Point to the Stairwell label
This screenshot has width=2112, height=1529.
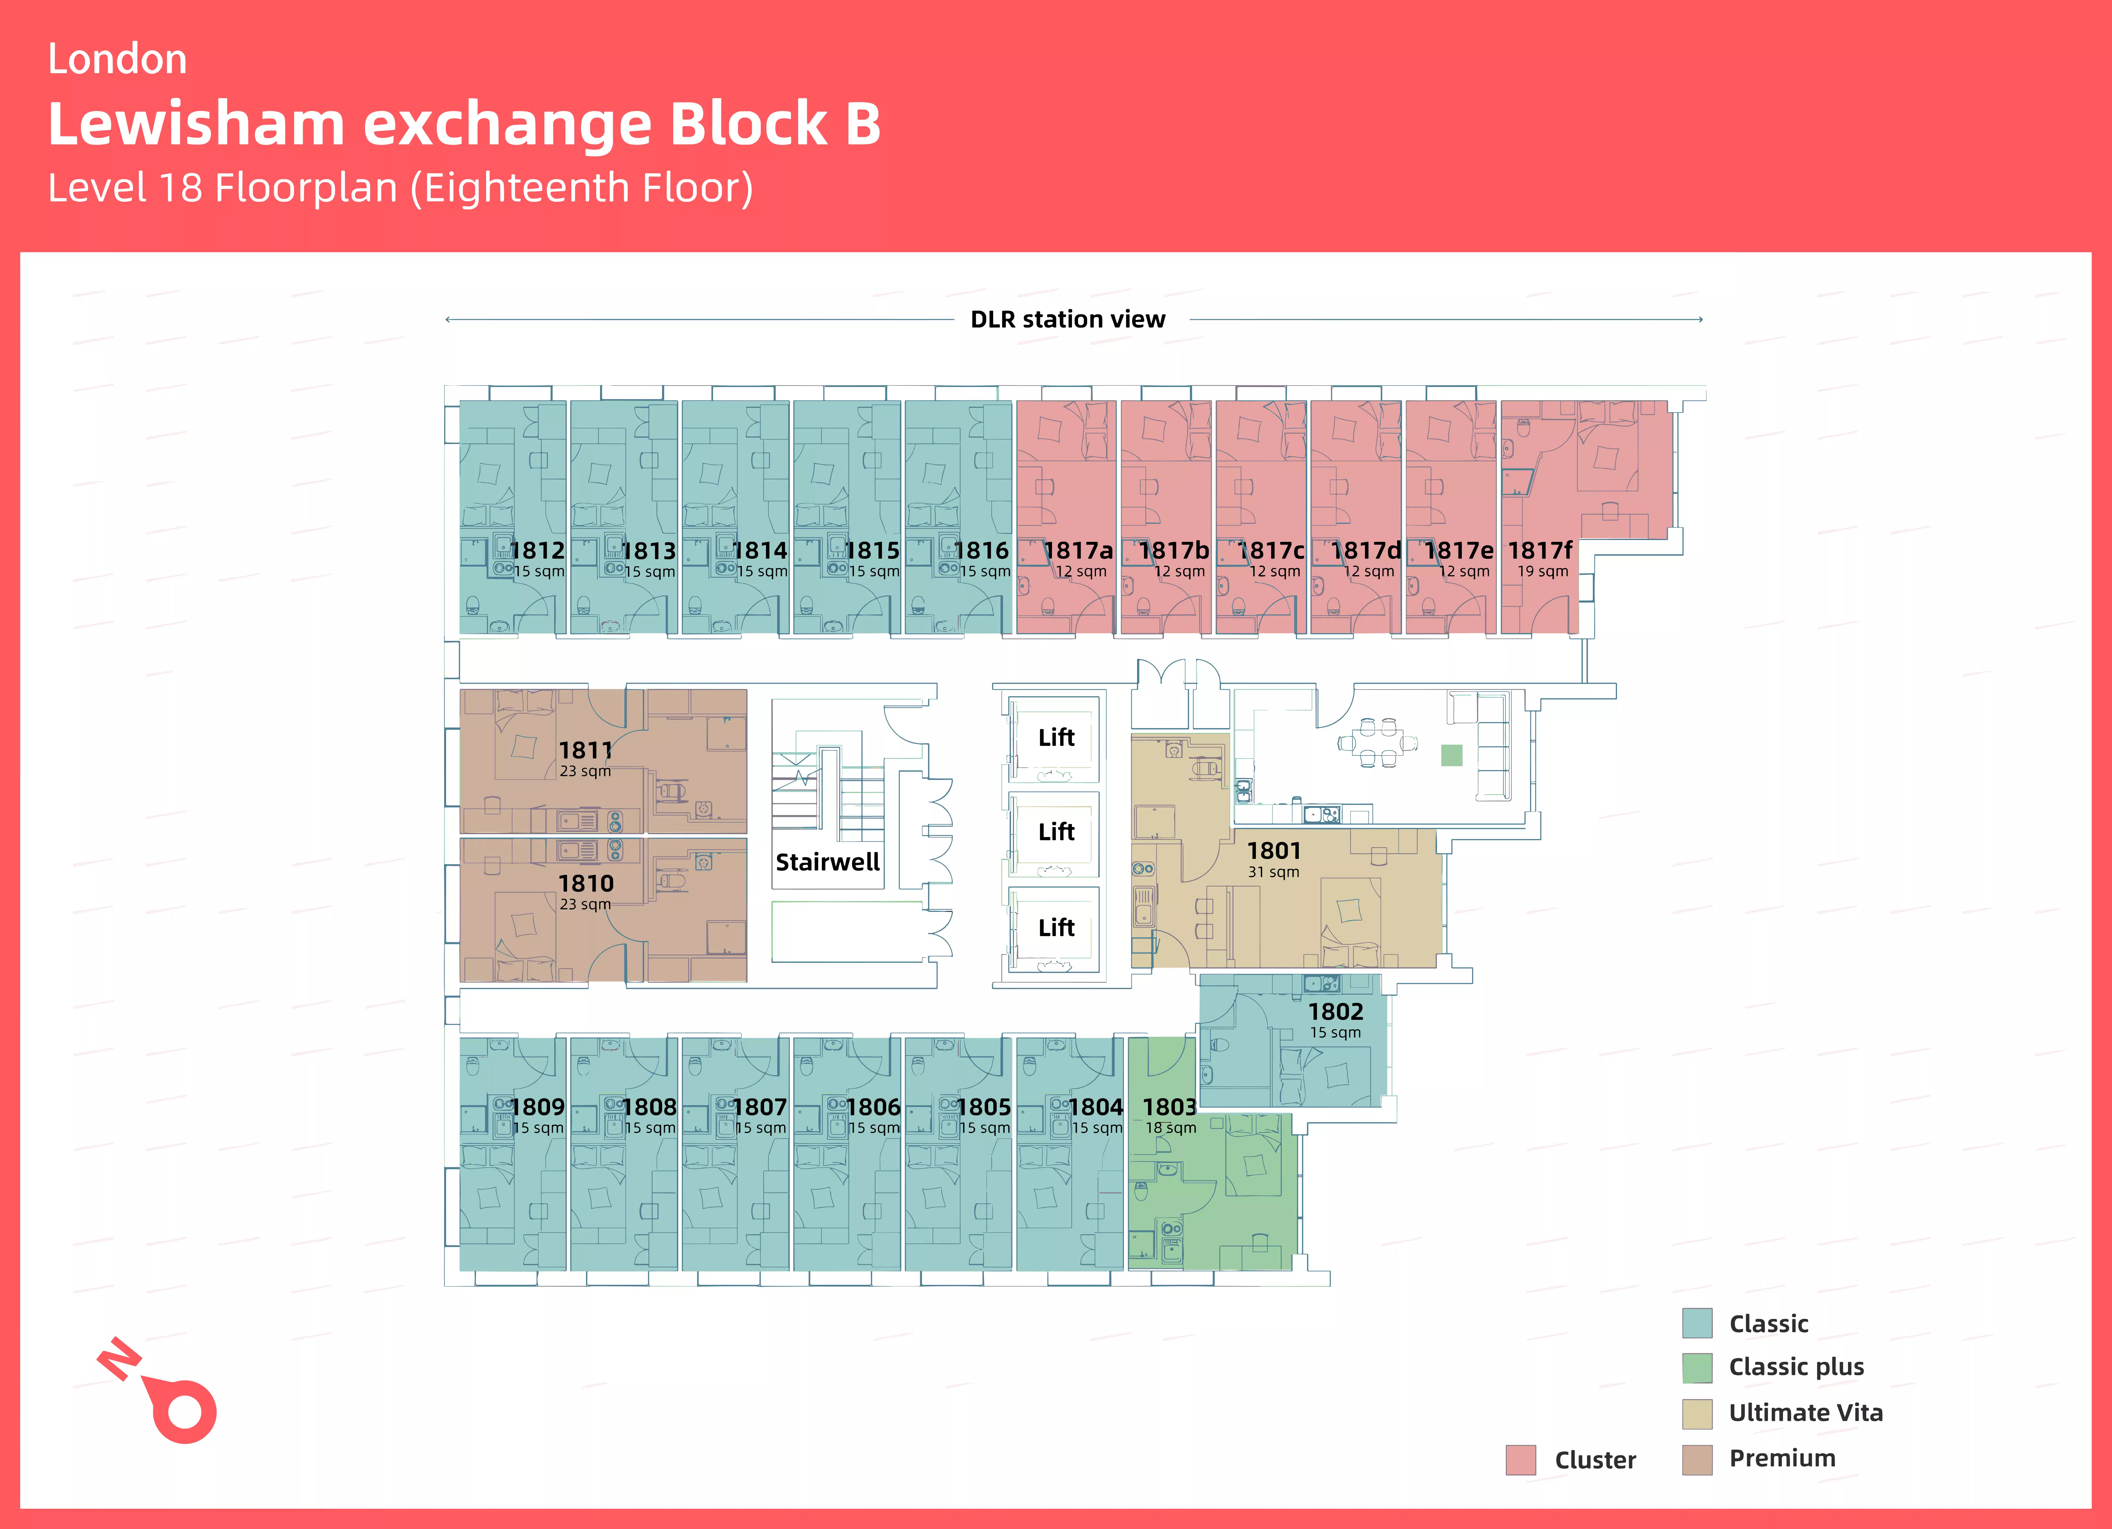click(827, 862)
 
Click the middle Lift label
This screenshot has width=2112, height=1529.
click(1056, 832)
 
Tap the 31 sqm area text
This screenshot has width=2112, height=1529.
click(1273, 872)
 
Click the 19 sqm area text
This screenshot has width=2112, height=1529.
click(1542, 572)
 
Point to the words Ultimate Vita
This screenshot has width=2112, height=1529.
click(1805, 1412)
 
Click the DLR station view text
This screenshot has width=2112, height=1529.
click(1067, 319)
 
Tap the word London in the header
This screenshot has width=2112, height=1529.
click(117, 60)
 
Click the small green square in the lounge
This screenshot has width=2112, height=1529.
click(1451, 755)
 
